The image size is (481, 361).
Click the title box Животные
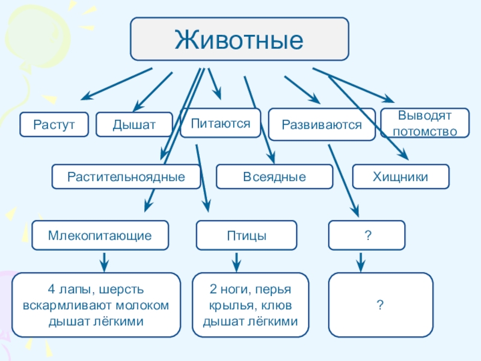(x=239, y=39)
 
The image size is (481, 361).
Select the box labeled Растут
(x=54, y=125)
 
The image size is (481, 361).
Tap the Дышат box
(x=134, y=125)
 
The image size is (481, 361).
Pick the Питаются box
(x=221, y=123)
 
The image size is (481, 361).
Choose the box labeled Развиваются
(x=322, y=125)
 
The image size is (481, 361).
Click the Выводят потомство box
(x=425, y=123)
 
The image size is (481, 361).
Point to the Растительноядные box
(x=126, y=176)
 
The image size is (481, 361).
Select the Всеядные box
(x=274, y=176)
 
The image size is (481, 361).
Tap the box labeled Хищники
(x=400, y=176)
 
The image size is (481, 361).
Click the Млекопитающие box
(x=100, y=235)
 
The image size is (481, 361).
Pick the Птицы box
(x=247, y=235)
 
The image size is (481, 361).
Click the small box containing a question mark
(x=367, y=235)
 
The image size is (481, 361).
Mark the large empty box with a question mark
(x=381, y=305)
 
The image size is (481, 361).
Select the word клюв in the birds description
(x=275, y=306)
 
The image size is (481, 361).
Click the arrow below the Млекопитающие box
(x=104, y=262)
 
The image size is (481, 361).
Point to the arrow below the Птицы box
(x=236, y=262)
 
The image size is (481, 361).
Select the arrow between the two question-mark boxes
(x=361, y=262)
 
